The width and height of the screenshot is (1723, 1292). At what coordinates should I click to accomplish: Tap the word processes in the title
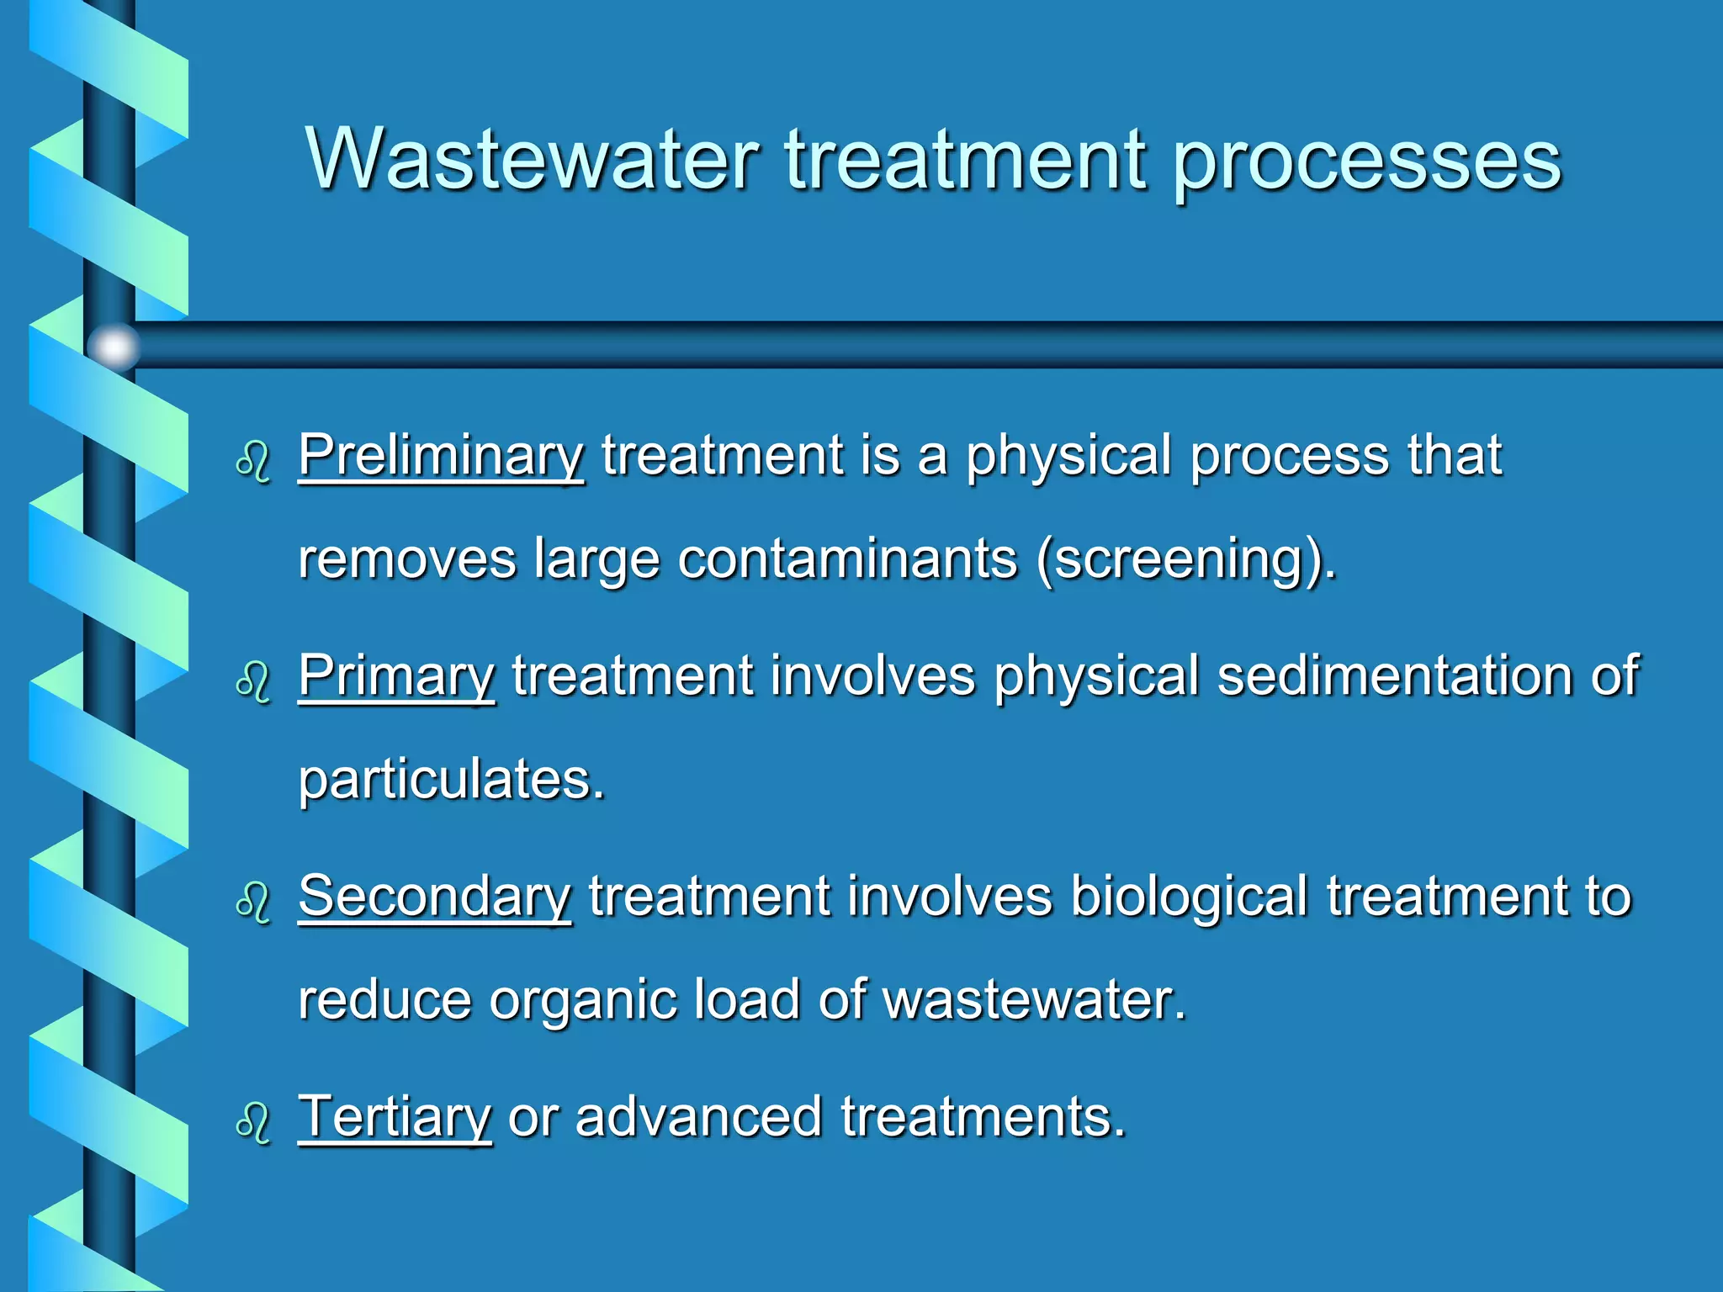click(x=1366, y=161)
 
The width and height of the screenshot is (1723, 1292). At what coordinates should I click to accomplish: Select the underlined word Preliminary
click(x=441, y=456)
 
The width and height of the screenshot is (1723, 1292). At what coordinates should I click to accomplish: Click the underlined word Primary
click(x=396, y=676)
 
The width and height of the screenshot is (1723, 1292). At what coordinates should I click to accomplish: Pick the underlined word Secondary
click(x=435, y=897)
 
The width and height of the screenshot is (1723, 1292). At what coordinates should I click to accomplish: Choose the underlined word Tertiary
click(x=395, y=1117)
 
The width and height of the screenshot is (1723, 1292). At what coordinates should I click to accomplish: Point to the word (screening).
click(x=1186, y=560)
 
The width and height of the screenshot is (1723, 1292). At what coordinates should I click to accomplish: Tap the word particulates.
click(x=452, y=781)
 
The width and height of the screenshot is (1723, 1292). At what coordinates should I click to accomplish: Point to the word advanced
click(x=698, y=1117)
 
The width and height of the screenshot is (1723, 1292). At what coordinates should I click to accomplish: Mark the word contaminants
click(x=848, y=560)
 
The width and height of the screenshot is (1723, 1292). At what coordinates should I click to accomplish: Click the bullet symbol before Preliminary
click(x=253, y=462)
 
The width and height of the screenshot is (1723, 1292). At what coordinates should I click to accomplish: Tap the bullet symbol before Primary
click(x=253, y=682)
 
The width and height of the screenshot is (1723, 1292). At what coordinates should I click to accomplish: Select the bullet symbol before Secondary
click(x=253, y=903)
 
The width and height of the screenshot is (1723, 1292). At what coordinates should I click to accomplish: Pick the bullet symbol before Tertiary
click(x=253, y=1123)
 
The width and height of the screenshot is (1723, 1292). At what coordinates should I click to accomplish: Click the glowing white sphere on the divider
click(x=114, y=346)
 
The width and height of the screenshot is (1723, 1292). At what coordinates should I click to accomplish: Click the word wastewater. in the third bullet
click(x=1034, y=1001)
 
